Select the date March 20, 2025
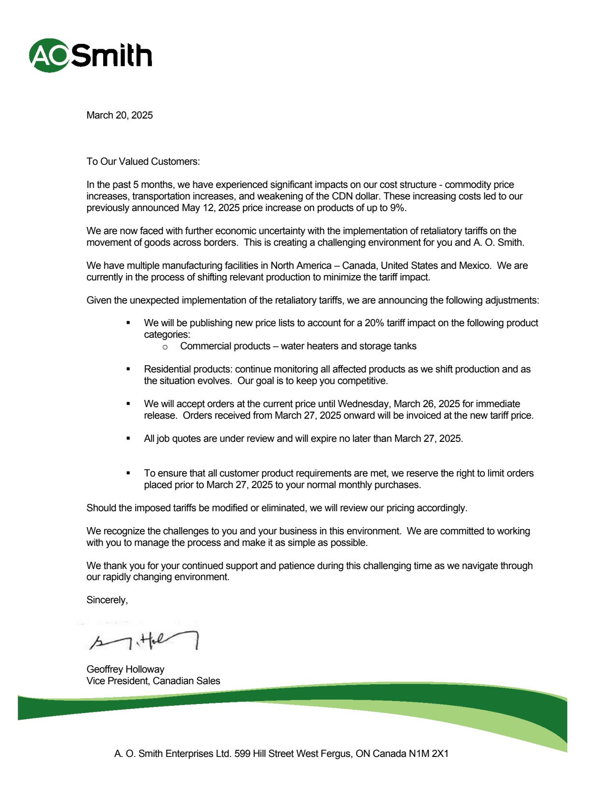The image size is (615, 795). pos(120,115)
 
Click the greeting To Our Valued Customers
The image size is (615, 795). pos(143,161)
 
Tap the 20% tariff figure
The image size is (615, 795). pos(374,323)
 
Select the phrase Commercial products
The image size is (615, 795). pos(225,346)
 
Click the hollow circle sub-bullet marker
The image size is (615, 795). pos(165,347)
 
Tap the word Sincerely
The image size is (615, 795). pos(107,600)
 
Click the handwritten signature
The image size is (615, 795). pos(145,641)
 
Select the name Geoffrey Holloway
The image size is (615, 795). pos(125,669)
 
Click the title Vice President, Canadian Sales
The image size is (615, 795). pos(153,681)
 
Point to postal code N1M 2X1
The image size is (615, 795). pos(429,754)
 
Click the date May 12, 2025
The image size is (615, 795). pos(211,208)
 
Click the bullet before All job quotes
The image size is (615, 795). pos(128,438)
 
